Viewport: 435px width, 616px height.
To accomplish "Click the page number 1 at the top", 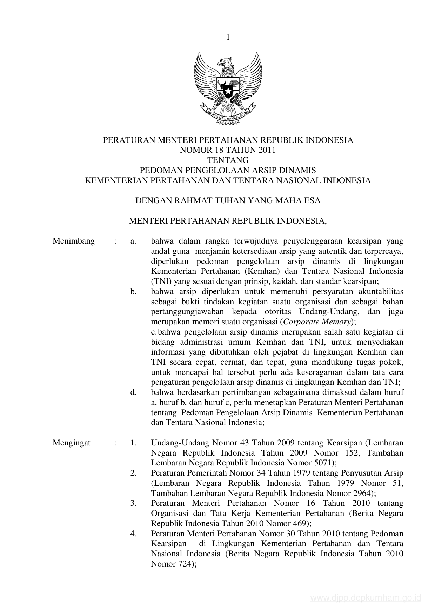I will point(228,37).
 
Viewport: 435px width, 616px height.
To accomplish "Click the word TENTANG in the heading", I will point(228,160).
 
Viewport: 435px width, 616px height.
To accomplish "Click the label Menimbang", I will point(74,241).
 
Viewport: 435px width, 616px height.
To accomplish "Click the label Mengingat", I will point(72,443).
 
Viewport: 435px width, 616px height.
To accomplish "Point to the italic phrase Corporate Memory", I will point(317,322).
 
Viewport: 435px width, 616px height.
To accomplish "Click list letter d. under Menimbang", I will point(133,392).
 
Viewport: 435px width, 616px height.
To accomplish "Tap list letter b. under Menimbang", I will point(133,291).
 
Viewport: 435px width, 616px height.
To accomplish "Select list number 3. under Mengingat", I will point(133,503).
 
